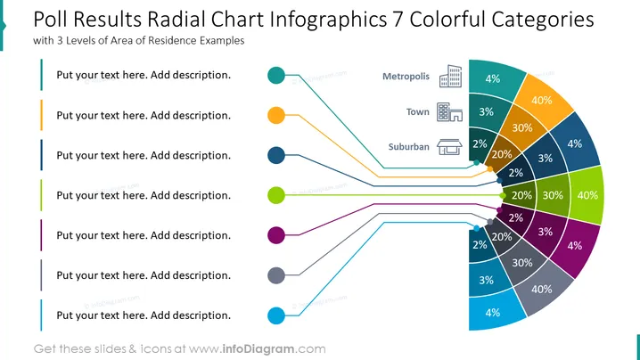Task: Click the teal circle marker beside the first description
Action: [276, 75]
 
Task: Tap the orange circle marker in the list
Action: [276, 115]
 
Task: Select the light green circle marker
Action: [276, 195]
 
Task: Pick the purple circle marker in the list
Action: [276, 235]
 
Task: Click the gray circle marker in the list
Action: [276, 275]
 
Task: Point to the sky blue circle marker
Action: [276, 315]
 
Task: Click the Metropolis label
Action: [406, 77]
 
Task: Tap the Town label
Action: [417, 112]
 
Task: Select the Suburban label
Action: [408, 146]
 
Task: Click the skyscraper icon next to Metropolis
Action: [451, 76]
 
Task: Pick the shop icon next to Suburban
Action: [449, 147]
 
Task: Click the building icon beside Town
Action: [449, 112]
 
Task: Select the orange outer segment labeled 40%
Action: [543, 102]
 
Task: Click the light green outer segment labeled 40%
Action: [587, 195]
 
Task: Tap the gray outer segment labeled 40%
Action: [543, 290]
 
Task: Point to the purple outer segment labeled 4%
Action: [575, 247]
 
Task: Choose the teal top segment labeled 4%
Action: [494, 78]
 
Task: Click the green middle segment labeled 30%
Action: [553, 195]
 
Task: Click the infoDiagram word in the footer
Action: [258, 349]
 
